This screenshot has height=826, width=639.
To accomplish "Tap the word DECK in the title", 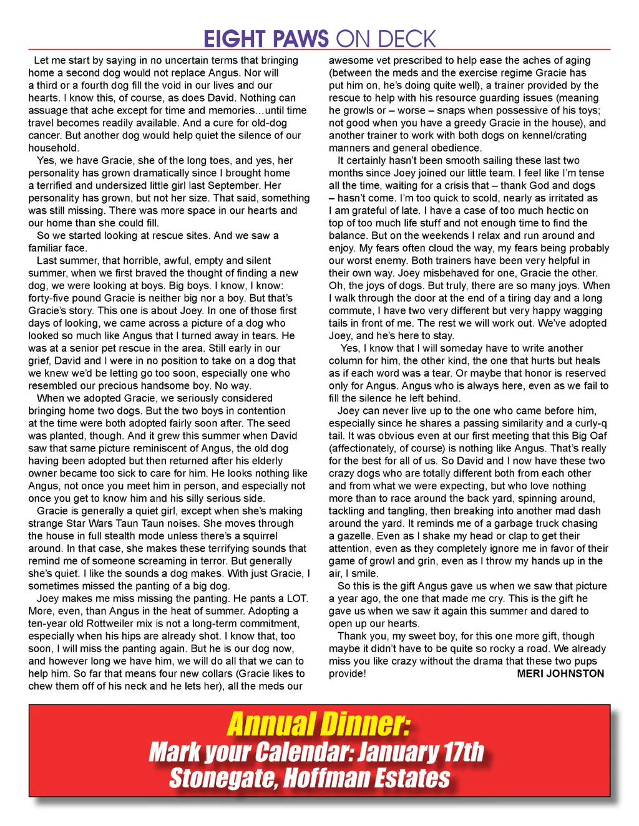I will [406, 39].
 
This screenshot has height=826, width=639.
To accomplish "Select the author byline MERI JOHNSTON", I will [560, 673].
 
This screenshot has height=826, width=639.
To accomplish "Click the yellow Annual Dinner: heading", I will [318, 724].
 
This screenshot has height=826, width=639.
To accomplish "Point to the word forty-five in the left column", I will [51, 298].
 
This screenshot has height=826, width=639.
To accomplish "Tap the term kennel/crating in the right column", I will [554, 135].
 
